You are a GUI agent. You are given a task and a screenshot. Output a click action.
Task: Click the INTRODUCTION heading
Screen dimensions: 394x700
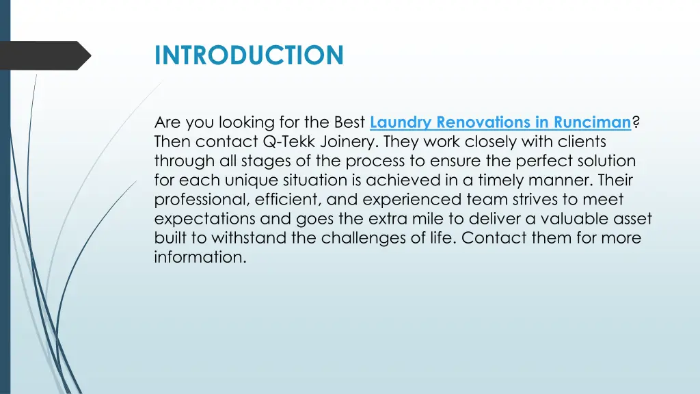tap(249, 55)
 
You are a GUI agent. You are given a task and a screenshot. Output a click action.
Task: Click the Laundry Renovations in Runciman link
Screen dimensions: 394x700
tap(500, 123)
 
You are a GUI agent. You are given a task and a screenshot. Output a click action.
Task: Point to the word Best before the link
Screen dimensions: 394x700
tap(349, 123)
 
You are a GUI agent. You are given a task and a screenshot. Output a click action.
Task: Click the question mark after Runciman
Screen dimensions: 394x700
tap(636, 123)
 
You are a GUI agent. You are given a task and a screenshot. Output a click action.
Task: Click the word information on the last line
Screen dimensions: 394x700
tap(198, 257)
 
